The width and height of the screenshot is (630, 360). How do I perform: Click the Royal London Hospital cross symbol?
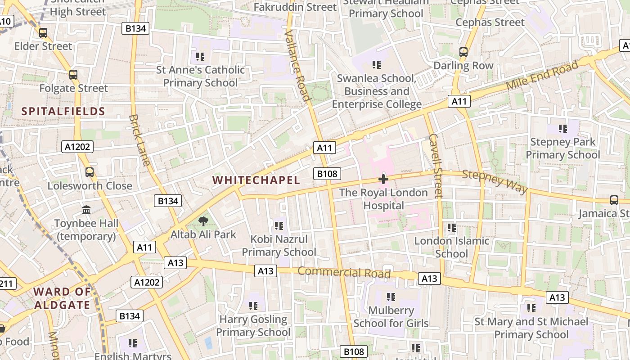383,179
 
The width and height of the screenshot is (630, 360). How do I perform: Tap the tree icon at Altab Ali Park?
203,221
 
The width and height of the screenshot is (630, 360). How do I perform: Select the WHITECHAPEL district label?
256,180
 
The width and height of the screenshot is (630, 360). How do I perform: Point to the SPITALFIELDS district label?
63,112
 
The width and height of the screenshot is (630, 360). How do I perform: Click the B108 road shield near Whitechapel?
327,174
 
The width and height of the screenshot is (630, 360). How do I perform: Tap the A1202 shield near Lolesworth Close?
77,147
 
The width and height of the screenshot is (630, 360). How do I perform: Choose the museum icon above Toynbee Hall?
86,210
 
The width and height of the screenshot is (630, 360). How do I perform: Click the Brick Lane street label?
139,140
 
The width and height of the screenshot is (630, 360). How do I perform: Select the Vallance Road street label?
298,66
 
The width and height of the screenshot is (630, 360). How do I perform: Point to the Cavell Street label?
436,165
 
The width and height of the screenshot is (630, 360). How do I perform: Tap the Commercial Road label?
344,272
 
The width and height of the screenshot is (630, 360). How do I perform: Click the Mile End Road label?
542,76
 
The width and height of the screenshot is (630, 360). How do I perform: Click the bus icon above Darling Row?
463,52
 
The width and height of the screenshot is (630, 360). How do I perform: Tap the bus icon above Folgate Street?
73,75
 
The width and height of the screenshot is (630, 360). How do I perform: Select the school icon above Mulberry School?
391,297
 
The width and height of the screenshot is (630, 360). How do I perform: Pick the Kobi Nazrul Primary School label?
279,246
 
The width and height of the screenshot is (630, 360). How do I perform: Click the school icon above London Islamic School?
452,228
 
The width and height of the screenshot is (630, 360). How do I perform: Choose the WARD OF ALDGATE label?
62,298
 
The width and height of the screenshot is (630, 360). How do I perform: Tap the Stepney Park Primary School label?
563,148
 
